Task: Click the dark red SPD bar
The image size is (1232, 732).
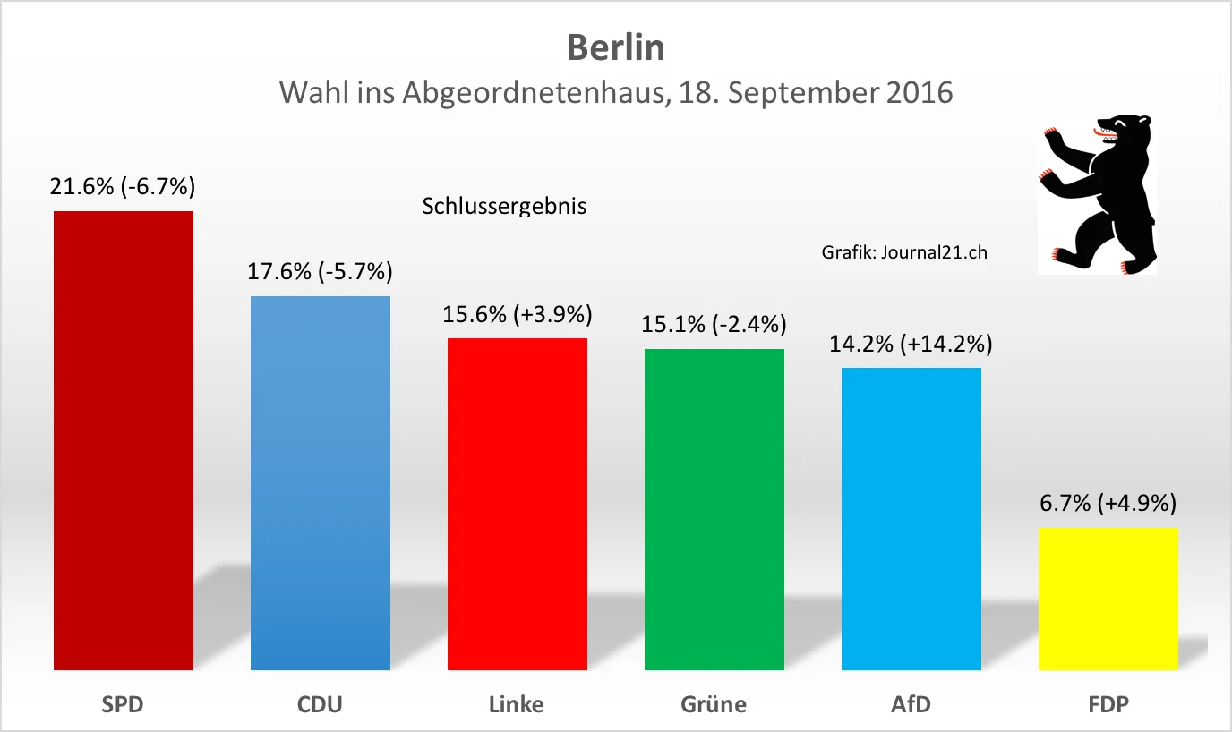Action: pos(124,440)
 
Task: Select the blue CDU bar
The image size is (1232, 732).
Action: pos(321,482)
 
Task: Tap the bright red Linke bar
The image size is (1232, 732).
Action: pos(518,504)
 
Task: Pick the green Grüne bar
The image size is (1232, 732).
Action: pos(714,509)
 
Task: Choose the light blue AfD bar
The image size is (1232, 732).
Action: pos(911,518)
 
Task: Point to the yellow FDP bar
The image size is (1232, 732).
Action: pos(1108,599)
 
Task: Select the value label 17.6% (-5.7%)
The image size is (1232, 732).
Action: pos(321,271)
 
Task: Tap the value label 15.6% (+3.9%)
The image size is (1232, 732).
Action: pos(518,314)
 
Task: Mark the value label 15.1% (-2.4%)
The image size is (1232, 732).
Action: pos(714,324)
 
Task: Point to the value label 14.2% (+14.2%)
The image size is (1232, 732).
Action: pos(911,344)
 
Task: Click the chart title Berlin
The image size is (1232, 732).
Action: pos(616,47)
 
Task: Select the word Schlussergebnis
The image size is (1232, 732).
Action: pos(504,206)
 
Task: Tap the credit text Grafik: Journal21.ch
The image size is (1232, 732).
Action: pos(904,252)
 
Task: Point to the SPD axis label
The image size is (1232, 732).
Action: pos(123,704)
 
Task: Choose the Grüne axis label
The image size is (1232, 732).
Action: pos(714,704)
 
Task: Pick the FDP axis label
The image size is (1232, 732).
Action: pos(1108,704)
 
